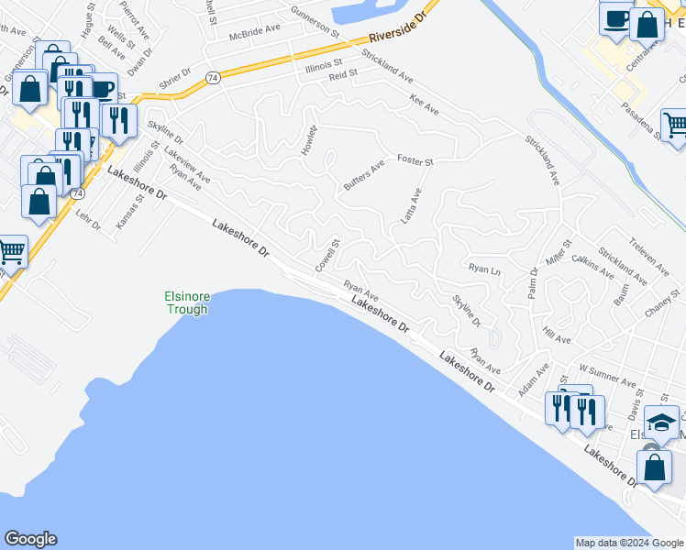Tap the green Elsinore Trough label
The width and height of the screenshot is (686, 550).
point(187,302)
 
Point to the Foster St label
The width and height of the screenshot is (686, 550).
point(415,161)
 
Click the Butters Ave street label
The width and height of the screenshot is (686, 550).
point(363,176)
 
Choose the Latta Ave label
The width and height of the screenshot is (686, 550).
point(409,206)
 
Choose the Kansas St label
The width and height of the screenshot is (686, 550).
point(126,211)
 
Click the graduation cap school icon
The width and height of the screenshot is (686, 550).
point(662,423)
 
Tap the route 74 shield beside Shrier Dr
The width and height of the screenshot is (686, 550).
point(212,79)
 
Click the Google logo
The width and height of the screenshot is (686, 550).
point(30,539)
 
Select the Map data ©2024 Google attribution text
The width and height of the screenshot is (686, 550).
point(628,543)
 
